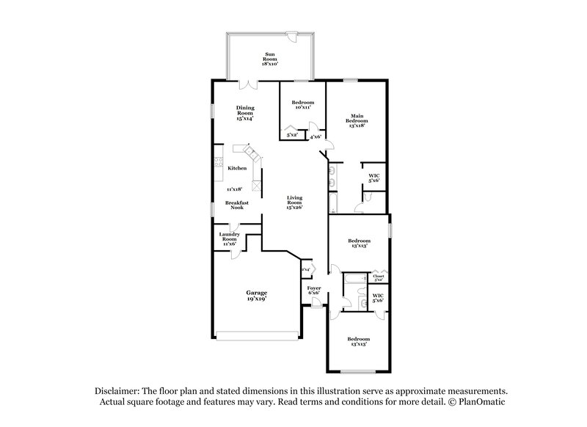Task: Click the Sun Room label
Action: tap(271, 59)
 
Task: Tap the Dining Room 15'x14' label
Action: tap(245, 112)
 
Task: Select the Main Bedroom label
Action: tap(357, 120)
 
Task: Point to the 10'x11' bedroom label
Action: tap(302, 106)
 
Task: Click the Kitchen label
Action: tap(236, 169)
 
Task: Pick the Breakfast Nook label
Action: tap(236, 205)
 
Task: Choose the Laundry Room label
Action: tap(230, 239)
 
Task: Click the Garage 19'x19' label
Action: tap(256, 296)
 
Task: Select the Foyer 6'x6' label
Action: tap(313, 291)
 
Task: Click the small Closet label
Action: tap(379, 277)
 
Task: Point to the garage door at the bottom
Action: tap(258, 337)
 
